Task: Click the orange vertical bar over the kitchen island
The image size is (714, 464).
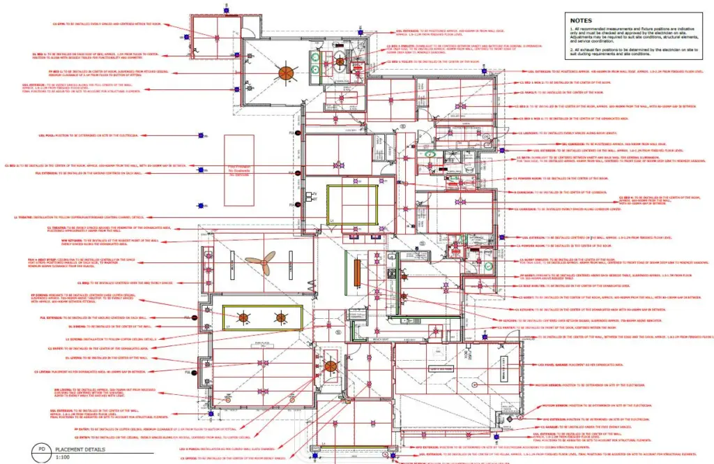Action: coord(358,273)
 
